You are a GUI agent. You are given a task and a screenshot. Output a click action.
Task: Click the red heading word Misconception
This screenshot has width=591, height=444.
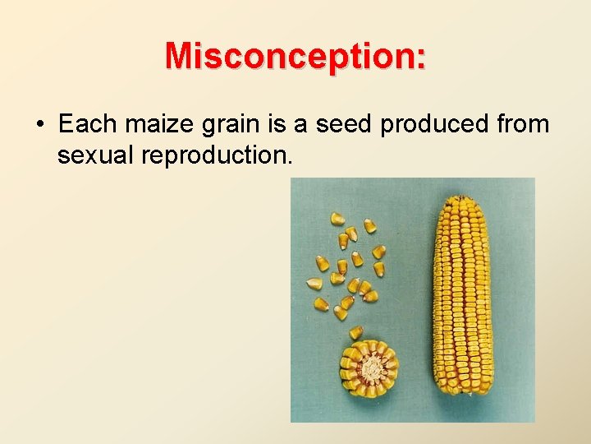pyautogui.click(x=291, y=56)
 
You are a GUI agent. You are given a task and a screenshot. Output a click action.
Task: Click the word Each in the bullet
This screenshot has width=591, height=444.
pyautogui.click(x=86, y=124)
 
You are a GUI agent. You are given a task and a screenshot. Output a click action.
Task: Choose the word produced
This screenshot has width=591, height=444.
pyautogui.click(x=420, y=124)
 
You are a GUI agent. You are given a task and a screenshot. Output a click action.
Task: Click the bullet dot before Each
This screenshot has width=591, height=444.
pyautogui.click(x=39, y=125)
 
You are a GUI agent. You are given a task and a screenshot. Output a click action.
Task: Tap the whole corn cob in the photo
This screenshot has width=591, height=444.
pyautogui.click(x=464, y=296)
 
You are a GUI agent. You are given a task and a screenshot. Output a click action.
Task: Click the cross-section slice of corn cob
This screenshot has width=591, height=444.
pyautogui.click(x=369, y=368)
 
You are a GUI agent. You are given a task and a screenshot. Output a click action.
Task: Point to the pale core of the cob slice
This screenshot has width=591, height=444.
pyautogui.click(x=370, y=368)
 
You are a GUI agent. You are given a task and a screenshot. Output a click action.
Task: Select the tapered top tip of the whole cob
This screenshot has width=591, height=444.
pyautogui.click(x=457, y=200)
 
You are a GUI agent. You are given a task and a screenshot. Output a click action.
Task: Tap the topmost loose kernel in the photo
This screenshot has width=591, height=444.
pyautogui.click(x=337, y=219)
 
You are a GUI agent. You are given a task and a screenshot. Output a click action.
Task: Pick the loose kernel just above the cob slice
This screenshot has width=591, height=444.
pyautogui.click(x=356, y=332)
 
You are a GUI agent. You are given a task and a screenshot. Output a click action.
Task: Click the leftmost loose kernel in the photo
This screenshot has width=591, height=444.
pyautogui.click(x=314, y=284)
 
